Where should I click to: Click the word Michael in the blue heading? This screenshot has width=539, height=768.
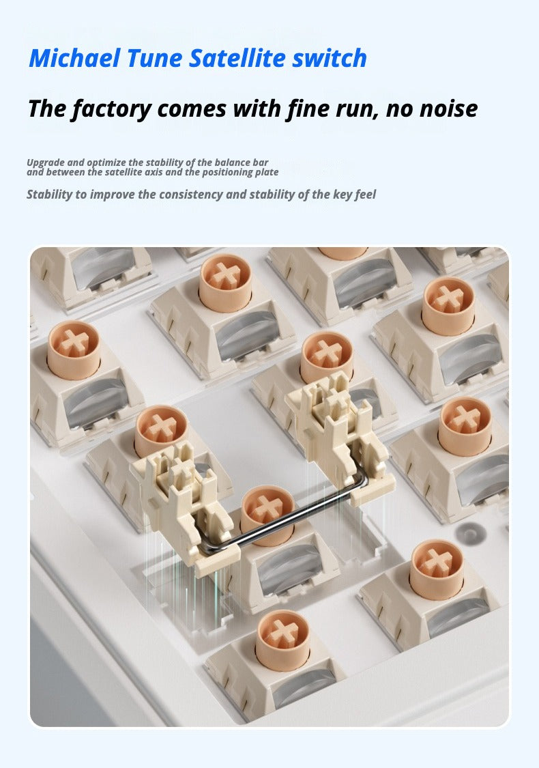[x=74, y=58]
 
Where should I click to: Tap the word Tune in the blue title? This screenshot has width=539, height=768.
[x=154, y=58]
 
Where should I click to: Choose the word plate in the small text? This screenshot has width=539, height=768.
[x=267, y=173]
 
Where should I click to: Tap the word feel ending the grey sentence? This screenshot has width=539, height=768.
[x=365, y=195]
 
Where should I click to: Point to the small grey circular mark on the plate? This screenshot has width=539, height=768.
[x=469, y=533]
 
